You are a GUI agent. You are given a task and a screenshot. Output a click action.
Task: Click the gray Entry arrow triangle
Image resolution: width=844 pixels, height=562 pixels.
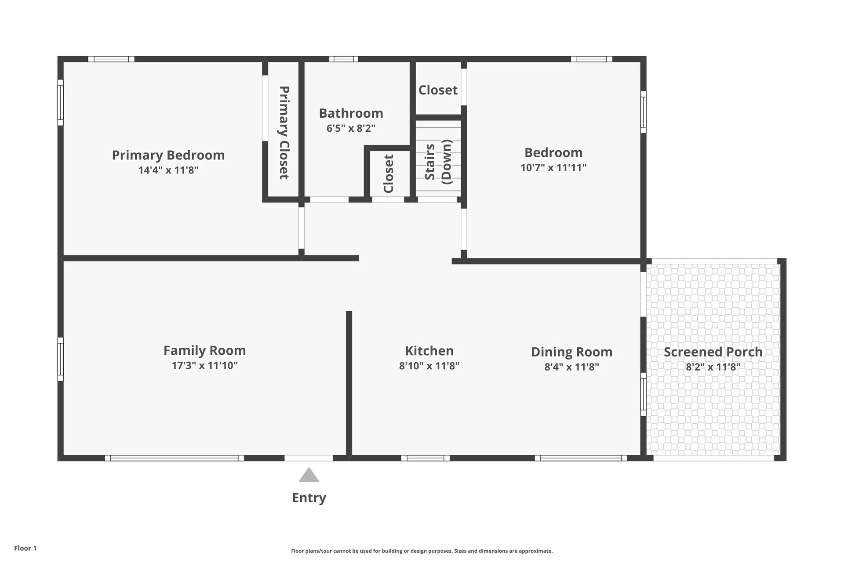click(309, 475)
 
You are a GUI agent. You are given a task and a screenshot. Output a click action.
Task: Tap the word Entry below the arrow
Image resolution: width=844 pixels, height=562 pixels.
click(309, 498)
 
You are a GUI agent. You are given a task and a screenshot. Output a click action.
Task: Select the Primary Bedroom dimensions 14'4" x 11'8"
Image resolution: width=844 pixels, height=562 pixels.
click(168, 170)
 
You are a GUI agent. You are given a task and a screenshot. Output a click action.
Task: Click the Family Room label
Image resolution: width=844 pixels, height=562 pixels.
click(205, 350)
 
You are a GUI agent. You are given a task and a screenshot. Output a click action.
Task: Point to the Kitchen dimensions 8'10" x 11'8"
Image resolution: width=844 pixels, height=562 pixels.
click(429, 366)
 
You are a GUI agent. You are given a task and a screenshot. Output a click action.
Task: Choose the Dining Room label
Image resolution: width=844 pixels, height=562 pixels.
click(572, 352)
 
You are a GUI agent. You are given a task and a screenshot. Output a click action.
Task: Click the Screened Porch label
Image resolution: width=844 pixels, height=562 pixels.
click(713, 352)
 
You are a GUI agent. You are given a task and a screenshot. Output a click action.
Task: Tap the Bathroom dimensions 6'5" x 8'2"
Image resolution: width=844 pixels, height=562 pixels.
click(351, 128)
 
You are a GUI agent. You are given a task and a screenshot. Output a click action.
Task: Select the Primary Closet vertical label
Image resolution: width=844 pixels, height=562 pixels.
click(284, 133)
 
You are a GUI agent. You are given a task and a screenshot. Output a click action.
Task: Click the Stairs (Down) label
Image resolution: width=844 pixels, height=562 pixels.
click(438, 162)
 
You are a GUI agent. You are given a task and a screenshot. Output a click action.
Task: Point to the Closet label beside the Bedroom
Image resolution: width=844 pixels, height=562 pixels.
click(438, 90)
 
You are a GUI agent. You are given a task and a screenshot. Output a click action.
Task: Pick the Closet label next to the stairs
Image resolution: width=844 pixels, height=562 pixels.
click(389, 173)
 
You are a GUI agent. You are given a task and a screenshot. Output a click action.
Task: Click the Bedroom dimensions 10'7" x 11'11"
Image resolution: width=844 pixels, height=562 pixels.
click(553, 167)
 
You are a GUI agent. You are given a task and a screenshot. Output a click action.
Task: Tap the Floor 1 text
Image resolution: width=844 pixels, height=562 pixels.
click(25, 548)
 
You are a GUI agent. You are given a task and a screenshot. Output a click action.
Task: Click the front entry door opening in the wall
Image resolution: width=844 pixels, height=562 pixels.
click(309, 458)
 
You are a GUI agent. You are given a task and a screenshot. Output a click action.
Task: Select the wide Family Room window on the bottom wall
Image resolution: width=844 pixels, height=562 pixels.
click(175, 458)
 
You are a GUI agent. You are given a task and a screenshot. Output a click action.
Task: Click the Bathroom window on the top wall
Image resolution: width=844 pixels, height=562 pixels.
click(344, 59)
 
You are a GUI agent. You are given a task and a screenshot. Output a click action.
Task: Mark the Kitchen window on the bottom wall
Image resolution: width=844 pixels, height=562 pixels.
click(426, 458)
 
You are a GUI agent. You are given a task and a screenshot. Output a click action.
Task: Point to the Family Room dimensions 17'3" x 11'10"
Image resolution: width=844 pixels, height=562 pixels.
click(205, 365)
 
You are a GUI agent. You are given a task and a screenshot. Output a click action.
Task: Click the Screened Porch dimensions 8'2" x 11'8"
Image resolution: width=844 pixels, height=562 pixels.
click(713, 367)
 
